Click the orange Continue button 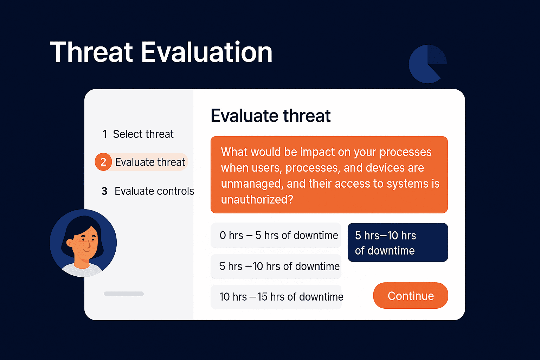(x=411, y=295)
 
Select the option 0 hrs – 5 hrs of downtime (x=276, y=235)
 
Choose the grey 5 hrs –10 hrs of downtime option (x=276, y=266)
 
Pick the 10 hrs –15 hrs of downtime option (x=276, y=297)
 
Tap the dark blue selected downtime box (x=398, y=242)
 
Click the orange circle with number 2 (x=103, y=162)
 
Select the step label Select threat (x=143, y=134)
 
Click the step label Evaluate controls (x=154, y=191)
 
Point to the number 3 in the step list (x=104, y=191)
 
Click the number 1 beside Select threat (x=105, y=134)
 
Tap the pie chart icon (x=427, y=64)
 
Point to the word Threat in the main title (x=91, y=52)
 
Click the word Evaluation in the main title (x=207, y=52)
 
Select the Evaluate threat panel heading (x=270, y=116)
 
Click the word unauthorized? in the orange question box (x=257, y=200)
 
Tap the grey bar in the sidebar (x=124, y=294)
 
